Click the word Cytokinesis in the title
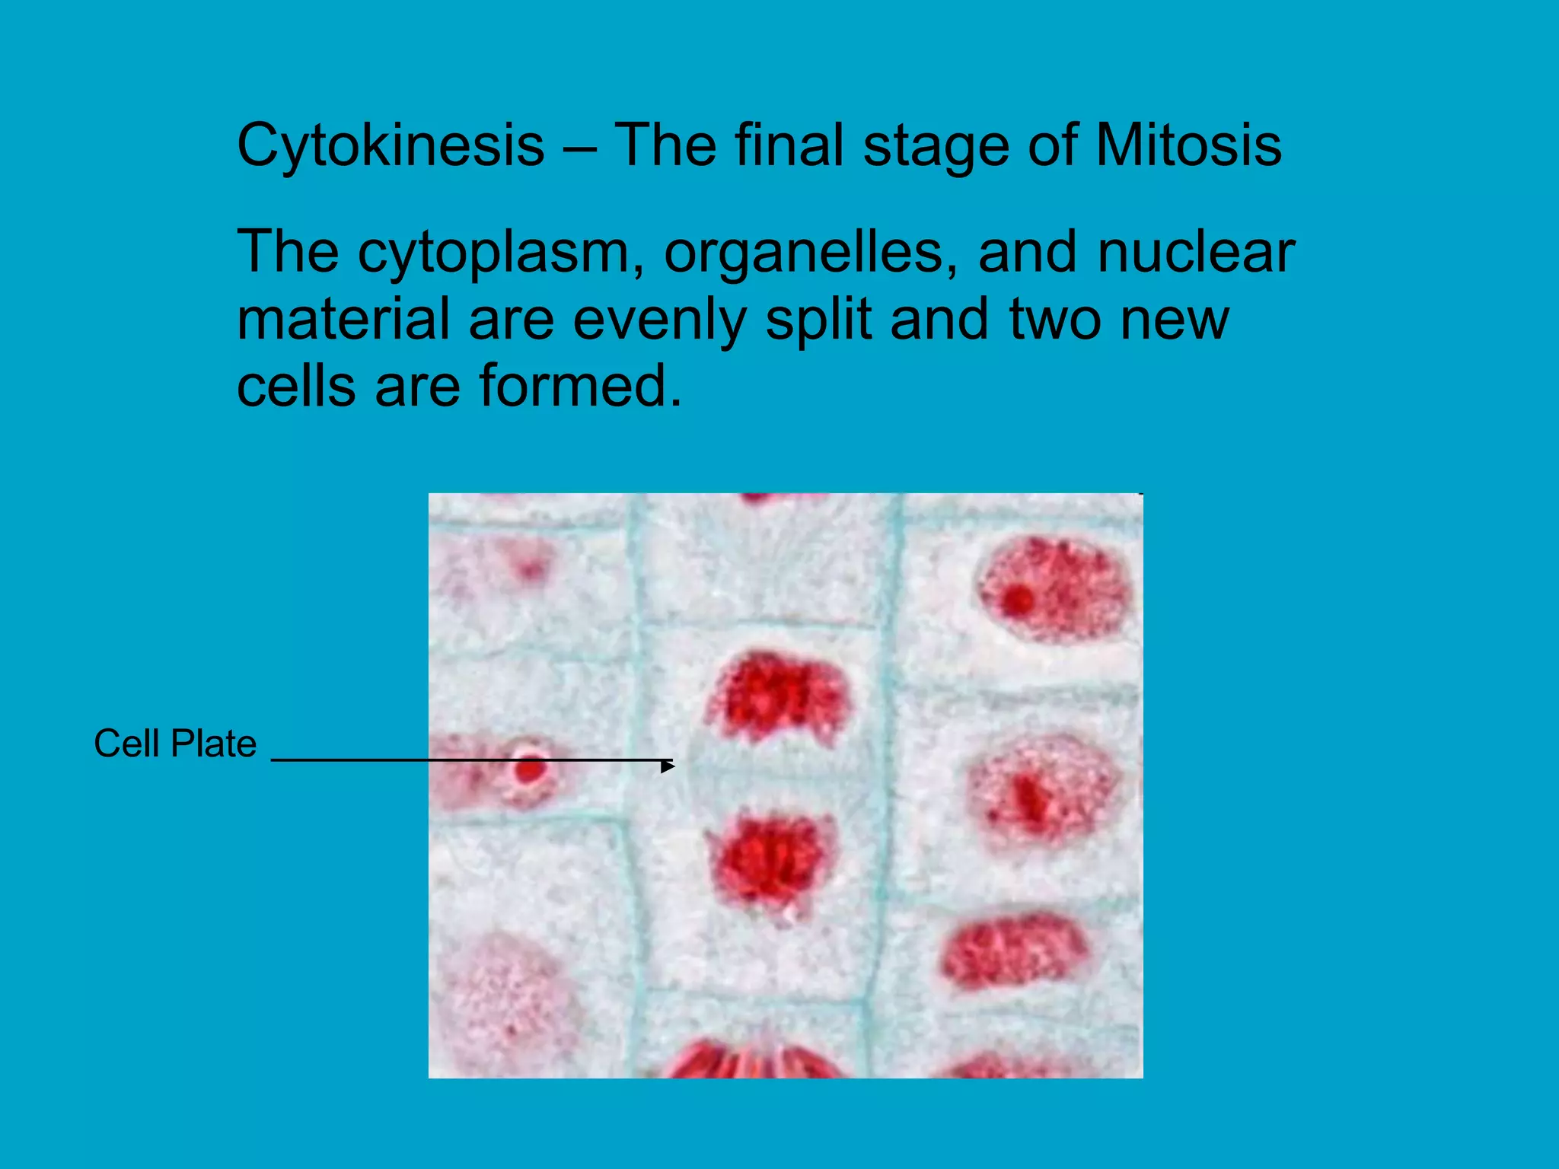click(391, 146)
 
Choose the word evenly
click(659, 320)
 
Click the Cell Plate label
click(175, 744)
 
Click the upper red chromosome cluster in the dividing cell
click(776, 697)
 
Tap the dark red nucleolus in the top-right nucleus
click(1018, 600)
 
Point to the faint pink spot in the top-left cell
click(531, 568)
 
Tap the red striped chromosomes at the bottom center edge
click(754, 1061)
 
